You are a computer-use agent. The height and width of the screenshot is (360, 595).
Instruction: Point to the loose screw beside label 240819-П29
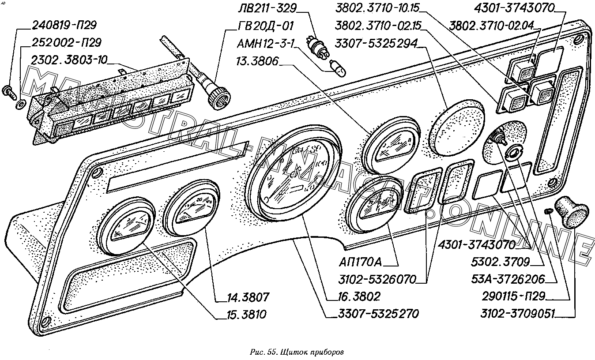coord(10,92)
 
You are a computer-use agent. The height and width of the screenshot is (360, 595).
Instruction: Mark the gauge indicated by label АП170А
coord(374,202)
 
